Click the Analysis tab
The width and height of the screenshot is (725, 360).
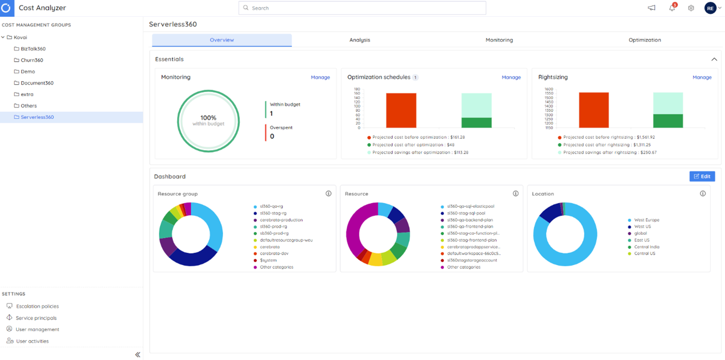(359, 40)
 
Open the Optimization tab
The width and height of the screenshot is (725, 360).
(644, 40)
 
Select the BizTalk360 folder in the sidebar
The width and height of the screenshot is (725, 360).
(33, 49)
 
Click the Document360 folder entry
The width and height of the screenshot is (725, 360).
(37, 83)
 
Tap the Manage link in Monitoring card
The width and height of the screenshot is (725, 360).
(320, 78)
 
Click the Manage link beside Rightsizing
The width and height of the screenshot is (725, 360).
(702, 78)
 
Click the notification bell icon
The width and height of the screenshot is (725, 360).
(672, 8)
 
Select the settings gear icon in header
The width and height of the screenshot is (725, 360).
(691, 8)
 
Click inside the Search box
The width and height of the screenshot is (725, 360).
(362, 8)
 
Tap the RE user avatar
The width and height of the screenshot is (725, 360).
(710, 8)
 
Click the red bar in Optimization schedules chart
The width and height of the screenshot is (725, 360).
(401, 110)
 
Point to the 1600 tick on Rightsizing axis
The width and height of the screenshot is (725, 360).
(549, 89)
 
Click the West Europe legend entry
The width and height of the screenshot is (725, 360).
(646, 220)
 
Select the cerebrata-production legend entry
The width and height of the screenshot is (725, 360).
(281, 220)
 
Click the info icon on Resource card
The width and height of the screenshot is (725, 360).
(516, 194)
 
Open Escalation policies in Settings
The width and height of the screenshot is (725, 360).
(37, 306)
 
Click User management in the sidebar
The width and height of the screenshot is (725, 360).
(37, 330)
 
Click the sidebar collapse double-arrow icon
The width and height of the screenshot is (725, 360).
(137, 355)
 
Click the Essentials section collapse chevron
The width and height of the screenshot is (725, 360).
(714, 59)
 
